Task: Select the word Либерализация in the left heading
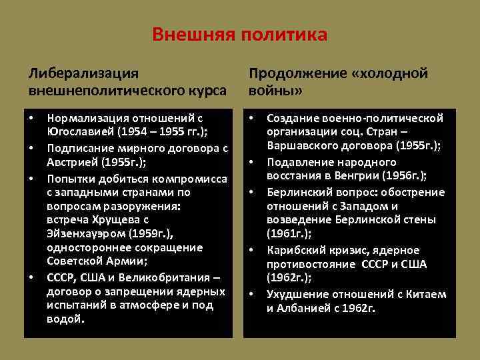[83, 73]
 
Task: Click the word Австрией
[72, 161]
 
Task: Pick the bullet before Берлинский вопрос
[252, 192]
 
